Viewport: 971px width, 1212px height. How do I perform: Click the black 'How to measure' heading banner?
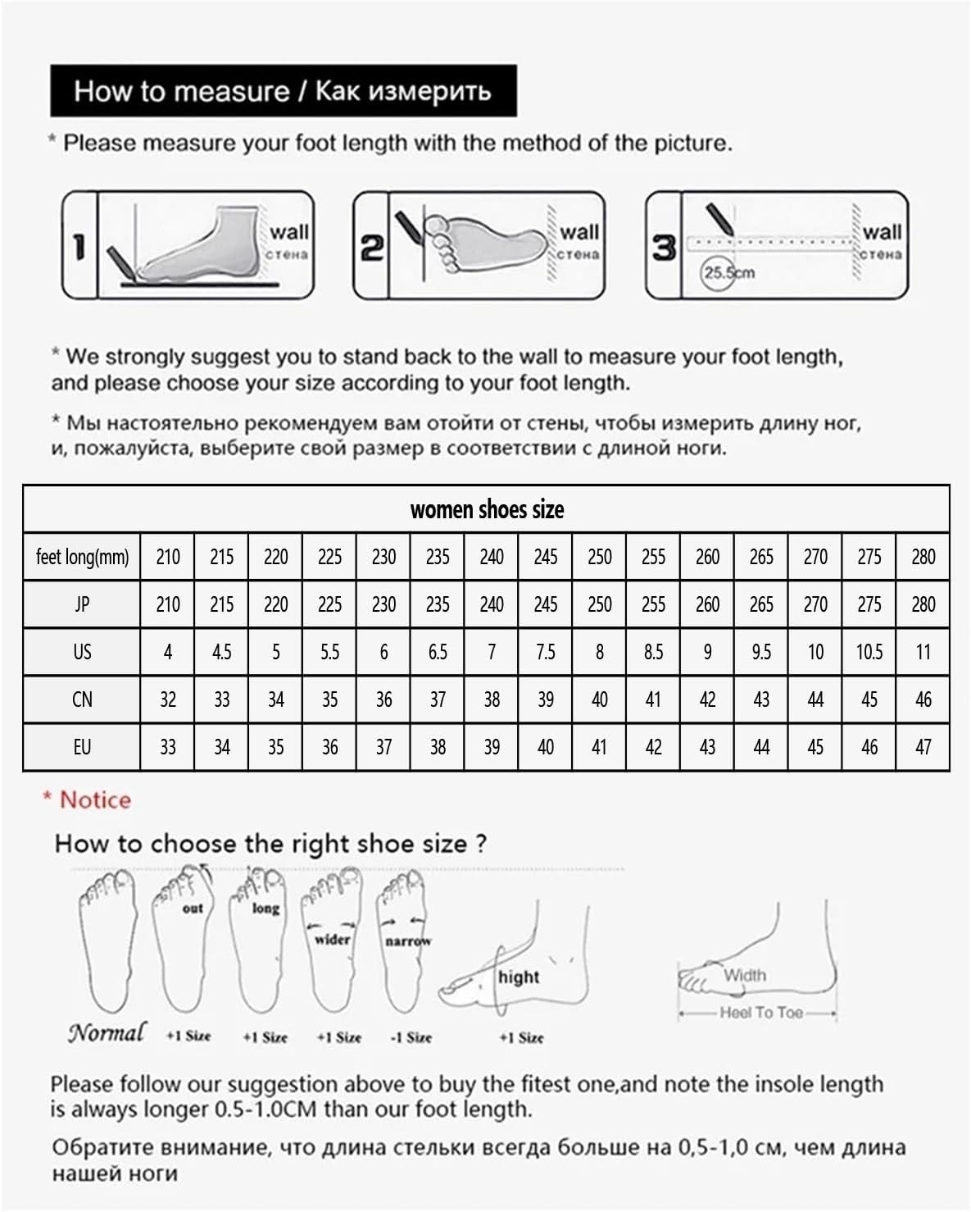[283, 90]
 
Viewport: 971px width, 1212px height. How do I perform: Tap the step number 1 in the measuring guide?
[79, 246]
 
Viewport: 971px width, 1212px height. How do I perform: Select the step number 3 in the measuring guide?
[664, 246]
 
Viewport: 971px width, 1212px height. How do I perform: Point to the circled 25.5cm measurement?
[728, 273]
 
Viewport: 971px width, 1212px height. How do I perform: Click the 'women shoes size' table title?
[487, 509]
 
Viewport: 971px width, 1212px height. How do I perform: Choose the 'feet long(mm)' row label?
[82, 558]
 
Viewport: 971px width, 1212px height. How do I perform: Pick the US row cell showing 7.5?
[546, 653]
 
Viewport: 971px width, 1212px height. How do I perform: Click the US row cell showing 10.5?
[869, 653]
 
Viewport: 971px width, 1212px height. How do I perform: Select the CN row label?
[82, 700]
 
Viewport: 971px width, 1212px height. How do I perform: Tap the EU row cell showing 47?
[923, 747]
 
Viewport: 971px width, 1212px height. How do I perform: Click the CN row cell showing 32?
[168, 700]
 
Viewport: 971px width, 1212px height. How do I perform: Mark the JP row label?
[82, 605]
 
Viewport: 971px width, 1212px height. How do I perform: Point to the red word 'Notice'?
[95, 800]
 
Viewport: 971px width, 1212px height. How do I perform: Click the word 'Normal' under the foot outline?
[107, 1032]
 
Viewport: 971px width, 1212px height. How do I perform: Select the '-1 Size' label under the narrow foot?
[411, 1037]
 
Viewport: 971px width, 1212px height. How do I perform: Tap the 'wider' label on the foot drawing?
[332, 939]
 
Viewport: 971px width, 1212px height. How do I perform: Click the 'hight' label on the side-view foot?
[519, 977]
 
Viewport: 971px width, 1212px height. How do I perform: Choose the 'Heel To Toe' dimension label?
[761, 1013]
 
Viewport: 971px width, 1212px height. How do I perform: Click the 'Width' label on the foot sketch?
[745, 975]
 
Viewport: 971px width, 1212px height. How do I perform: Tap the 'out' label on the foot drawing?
[193, 909]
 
